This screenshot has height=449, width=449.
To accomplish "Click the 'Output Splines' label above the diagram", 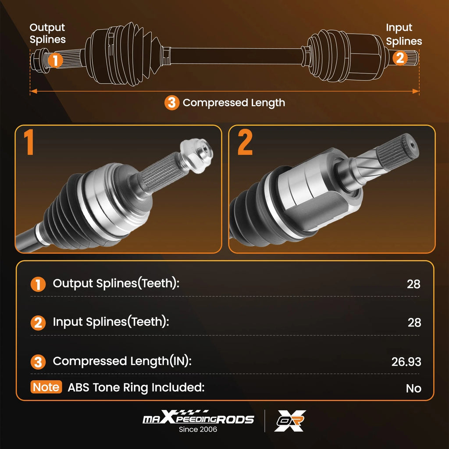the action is point(47,33).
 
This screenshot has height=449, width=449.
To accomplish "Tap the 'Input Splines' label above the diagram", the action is point(404,34).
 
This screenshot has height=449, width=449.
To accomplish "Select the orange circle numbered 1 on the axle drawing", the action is point(55,61).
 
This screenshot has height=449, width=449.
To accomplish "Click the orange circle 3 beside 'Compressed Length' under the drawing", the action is point(172,103).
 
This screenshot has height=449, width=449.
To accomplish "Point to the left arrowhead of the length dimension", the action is point(33,91).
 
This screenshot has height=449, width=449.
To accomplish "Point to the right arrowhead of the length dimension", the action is point(416,91).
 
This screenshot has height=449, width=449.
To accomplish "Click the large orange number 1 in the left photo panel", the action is point(29,142).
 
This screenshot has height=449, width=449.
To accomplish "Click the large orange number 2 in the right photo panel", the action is point(245,142).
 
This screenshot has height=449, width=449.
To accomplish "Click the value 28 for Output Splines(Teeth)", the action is point(413,284).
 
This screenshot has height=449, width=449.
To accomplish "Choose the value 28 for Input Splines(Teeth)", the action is point(414,323).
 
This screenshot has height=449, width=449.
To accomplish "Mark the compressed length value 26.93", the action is point(406,362).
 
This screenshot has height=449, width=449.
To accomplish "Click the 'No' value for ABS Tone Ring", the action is point(413,388).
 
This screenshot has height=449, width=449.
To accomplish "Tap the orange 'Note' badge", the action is point(46,387).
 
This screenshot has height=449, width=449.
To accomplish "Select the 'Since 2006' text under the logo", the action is point(198,429).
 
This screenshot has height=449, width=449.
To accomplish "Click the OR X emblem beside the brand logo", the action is point(290,420).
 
